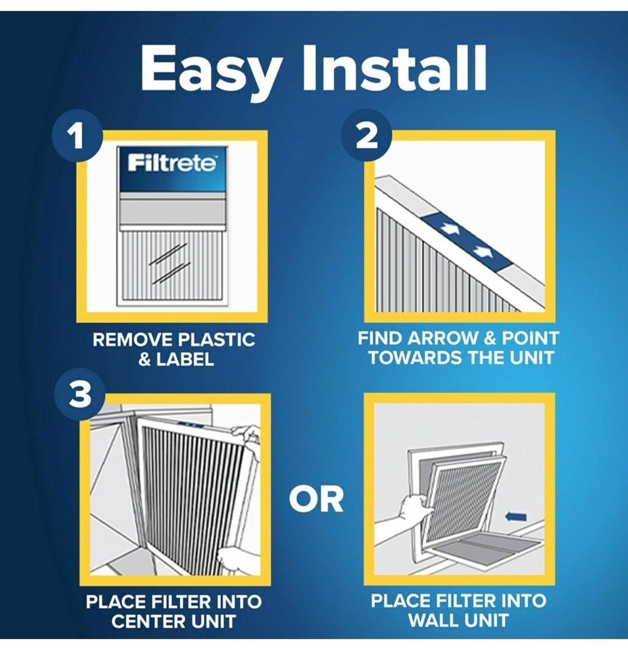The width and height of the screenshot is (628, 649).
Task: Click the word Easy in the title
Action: click(x=211, y=71)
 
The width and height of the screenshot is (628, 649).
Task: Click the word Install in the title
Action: click(x=395, y=67)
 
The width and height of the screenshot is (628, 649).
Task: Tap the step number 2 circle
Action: click(x=366, y=135)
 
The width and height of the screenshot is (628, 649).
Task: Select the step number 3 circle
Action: click(x=80, y=394)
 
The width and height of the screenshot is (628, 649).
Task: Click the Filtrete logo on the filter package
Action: click(x=172, y=163)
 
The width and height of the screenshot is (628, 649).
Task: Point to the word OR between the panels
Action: click(x=317, y=499)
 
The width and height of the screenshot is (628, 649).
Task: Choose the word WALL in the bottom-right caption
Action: click(x=433, y=619)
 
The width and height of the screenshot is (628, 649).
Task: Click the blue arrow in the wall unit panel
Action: click(x=516, y=516)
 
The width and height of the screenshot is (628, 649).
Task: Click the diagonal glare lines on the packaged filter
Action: click(x=170, y=264)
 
